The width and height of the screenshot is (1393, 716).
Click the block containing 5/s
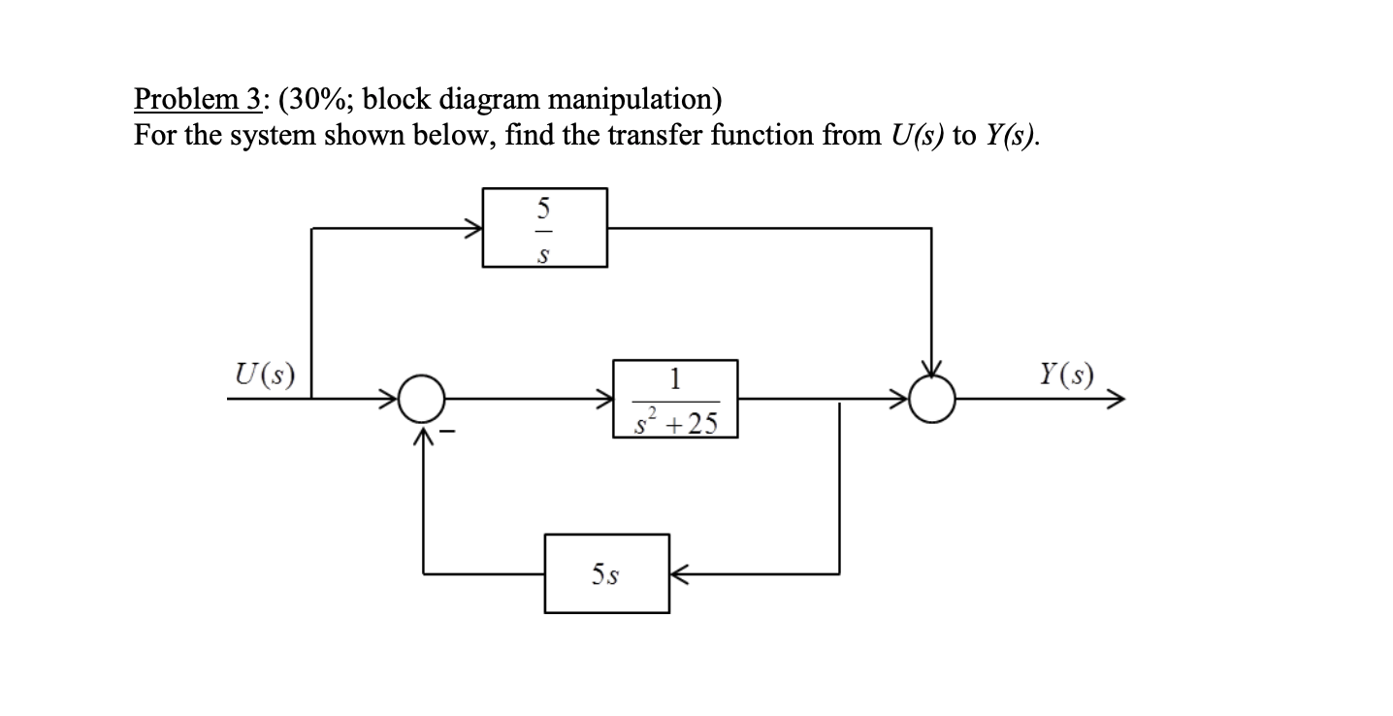545,228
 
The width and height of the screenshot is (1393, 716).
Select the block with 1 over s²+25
675,399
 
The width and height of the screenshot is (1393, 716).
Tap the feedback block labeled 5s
606,573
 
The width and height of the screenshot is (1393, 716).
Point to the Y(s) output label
1064,373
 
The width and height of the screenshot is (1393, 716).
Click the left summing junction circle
423,398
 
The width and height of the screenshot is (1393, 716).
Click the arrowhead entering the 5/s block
474,229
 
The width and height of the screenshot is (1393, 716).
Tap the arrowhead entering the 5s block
678,573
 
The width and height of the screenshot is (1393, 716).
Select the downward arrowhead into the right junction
931,370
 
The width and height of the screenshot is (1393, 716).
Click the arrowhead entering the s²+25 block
604,398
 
